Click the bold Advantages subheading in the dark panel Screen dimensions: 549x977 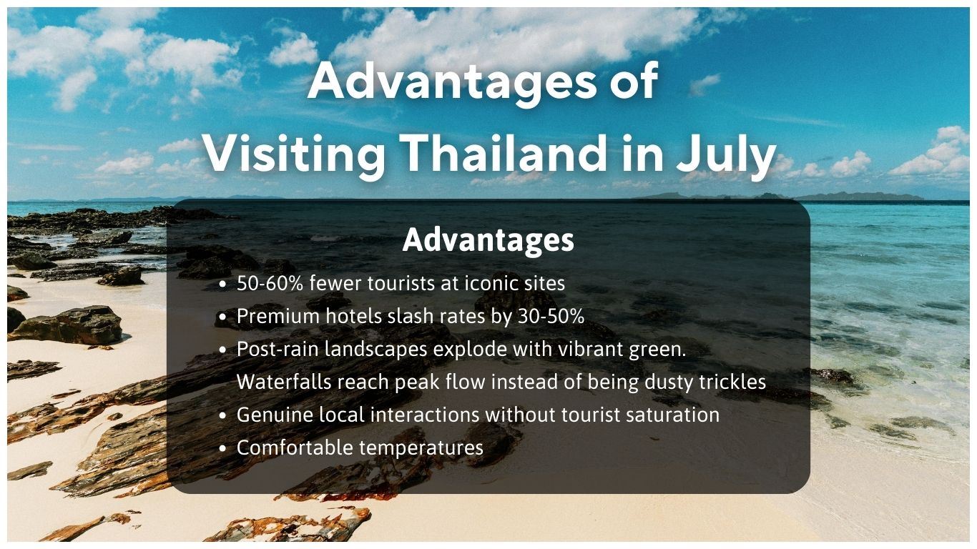point(488,240)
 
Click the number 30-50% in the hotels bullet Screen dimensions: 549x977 point(550,317)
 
